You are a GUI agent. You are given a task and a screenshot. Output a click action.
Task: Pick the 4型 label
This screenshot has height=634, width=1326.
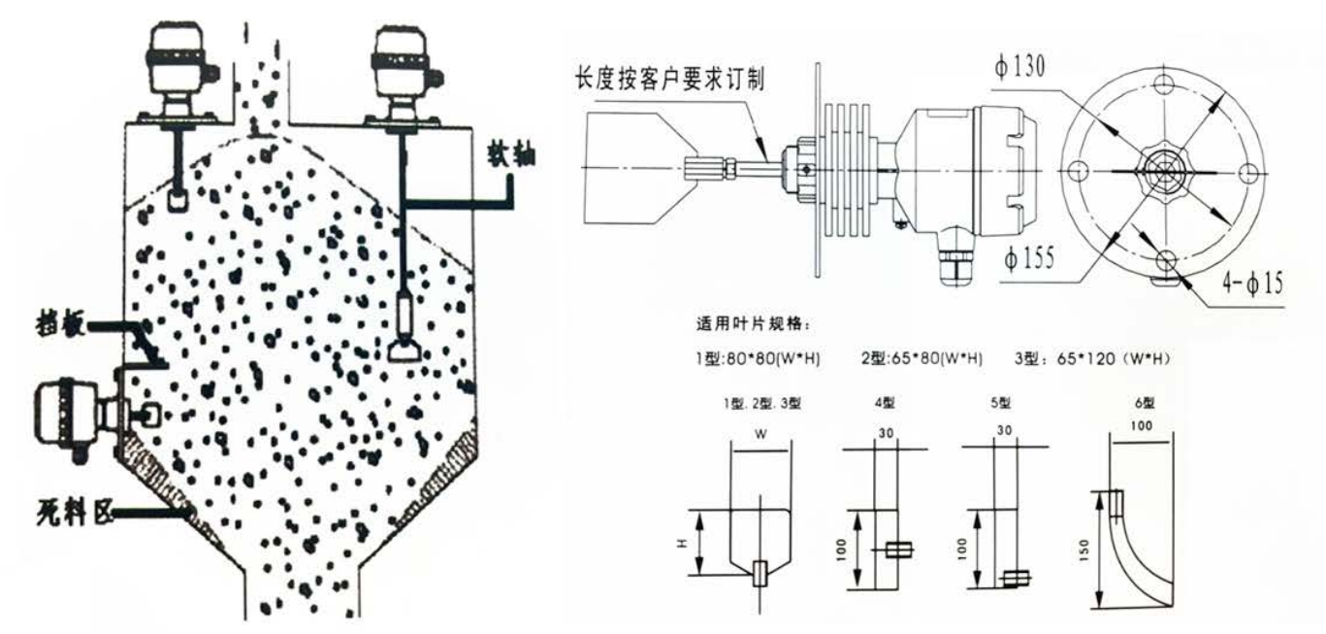point(886,403)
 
